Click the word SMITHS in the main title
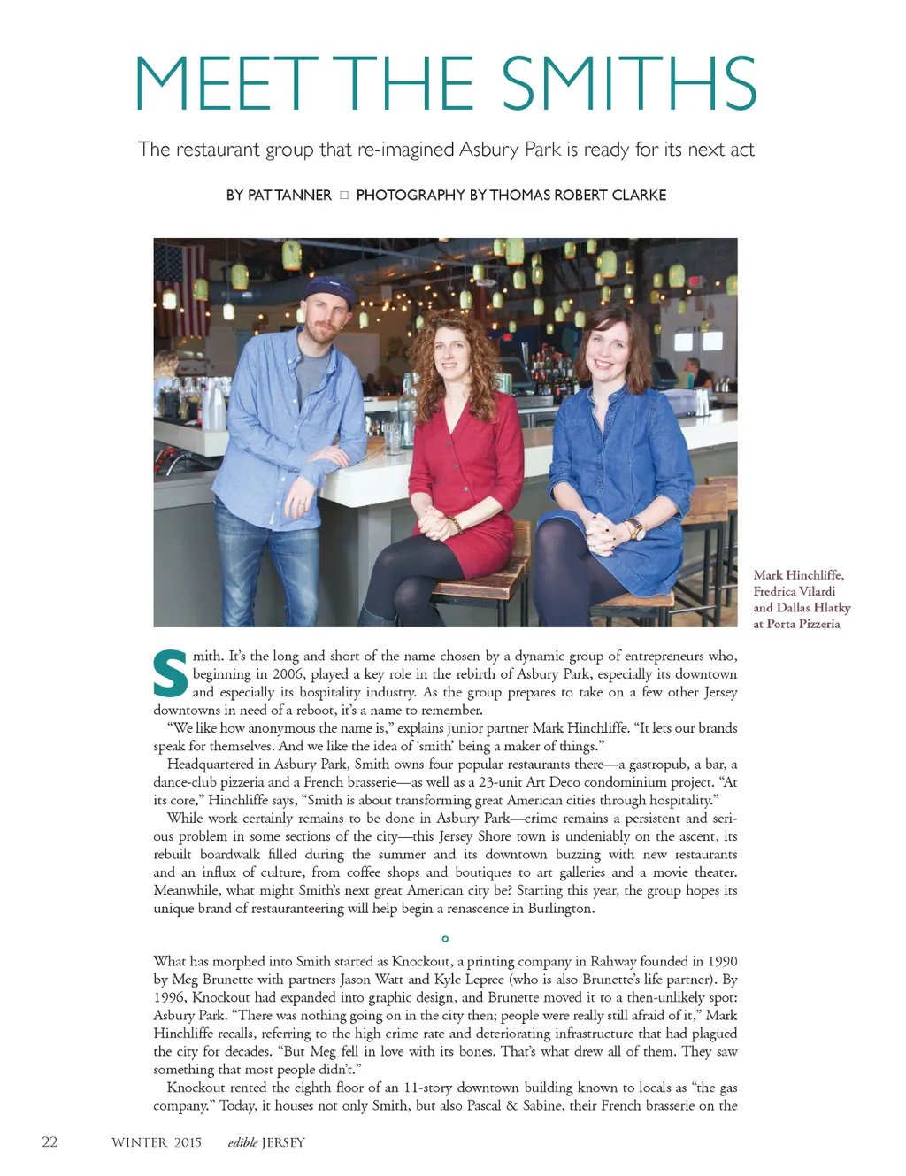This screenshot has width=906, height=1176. pyautogui.click(x=629, y=83)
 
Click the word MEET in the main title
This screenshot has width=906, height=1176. pyautogui.click(x=226, y=83)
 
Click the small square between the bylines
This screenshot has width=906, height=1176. pyautogui.click(x=344, y=195)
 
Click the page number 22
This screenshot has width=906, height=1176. pyautogui.click(x=50, y=1141)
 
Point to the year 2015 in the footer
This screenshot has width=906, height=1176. pyautogui.click(x=188, y=1142)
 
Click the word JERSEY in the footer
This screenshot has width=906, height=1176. pyautogui.click(x=283, y=1142)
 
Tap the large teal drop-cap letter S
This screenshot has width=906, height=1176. pyautogui.click(x=171, y=674)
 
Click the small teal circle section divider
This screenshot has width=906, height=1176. pyautogui.click(x=445, y=938)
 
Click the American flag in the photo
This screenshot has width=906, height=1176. pyautogui.click(x=180, y=283)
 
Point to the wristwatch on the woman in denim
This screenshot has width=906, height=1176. pyautogui.click(x=635, y=529)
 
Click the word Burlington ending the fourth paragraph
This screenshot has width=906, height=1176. pyautogui.click(x=560, y=909)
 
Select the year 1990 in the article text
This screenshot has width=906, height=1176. pyautogui.click(x=721, y=962)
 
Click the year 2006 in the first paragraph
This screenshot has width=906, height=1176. pyautogui.click(x=288, y=674)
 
